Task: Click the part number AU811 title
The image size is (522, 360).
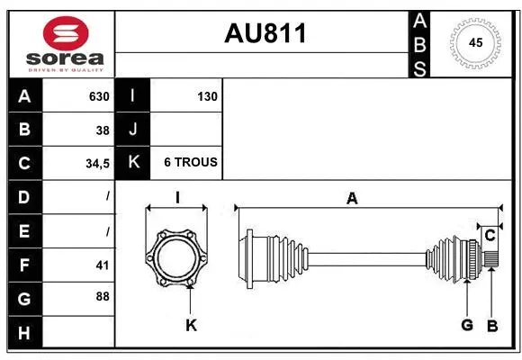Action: [x=265, y=33]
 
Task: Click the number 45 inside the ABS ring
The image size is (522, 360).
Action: [x=476, y=42]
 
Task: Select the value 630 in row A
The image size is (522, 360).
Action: [x=99, y=96]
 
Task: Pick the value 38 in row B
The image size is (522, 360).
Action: [x=103, y=130]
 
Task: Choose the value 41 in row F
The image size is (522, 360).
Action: [x=102, y=265]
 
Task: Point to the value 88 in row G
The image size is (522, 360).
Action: [x=102, y=296]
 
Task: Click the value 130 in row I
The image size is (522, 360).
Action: [x=207, y=96]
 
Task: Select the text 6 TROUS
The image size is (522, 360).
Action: [x=190, y=163]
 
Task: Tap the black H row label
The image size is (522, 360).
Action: [x=24, y=333]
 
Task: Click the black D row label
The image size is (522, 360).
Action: [x=24, y=197]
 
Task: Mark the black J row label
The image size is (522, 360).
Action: [x=133, y=130]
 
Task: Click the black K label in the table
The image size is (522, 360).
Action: [x=133, y=163]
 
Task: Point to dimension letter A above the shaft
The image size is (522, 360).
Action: [x=352, y=198]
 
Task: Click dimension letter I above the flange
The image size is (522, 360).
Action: [x=178, y=198]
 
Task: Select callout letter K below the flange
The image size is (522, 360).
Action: [x=191, y=325]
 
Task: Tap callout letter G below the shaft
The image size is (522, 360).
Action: [x=467, y=325]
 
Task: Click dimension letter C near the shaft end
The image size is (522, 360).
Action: [x=490, y=236]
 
